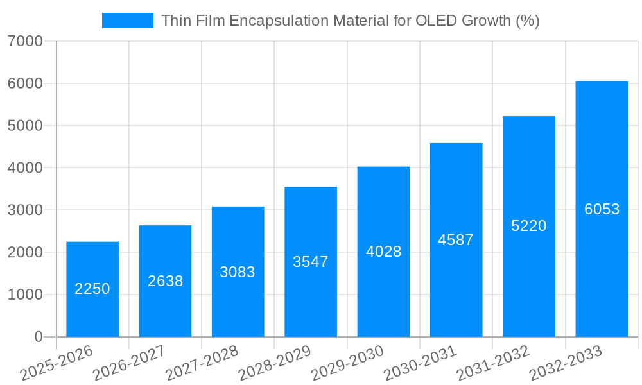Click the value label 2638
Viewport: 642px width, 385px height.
166,281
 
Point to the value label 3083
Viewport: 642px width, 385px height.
238,272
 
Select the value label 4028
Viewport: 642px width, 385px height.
383,252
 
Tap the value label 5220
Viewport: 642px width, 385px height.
528,226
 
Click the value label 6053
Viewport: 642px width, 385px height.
602,209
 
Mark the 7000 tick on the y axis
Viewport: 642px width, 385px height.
26,42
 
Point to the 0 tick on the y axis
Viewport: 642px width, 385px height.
39,337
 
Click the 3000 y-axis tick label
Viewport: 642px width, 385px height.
26,210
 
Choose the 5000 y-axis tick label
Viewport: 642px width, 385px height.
26,126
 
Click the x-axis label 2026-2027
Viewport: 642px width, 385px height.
129,363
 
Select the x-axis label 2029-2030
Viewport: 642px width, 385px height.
347,363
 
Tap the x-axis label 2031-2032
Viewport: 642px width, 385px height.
493,363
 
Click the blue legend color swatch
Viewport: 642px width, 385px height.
128,21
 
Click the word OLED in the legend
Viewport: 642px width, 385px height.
437,21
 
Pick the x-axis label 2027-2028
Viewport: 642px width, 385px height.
202,363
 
